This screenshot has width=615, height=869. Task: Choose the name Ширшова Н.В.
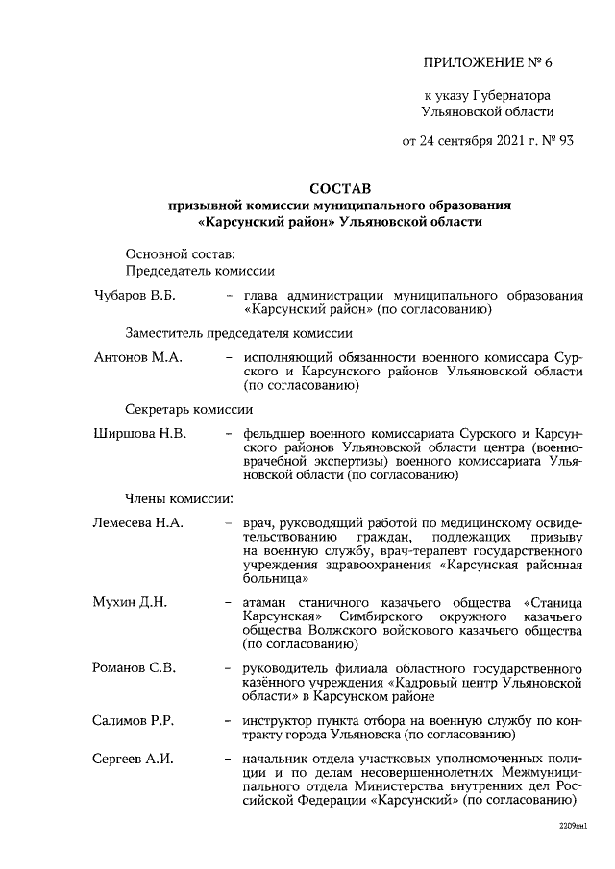(x=139, y=433)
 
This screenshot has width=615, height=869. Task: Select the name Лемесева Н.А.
(x=138, y=523)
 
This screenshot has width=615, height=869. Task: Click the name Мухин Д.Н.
(x=130, y=602)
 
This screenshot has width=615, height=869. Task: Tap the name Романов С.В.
(x=134, y=667)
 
